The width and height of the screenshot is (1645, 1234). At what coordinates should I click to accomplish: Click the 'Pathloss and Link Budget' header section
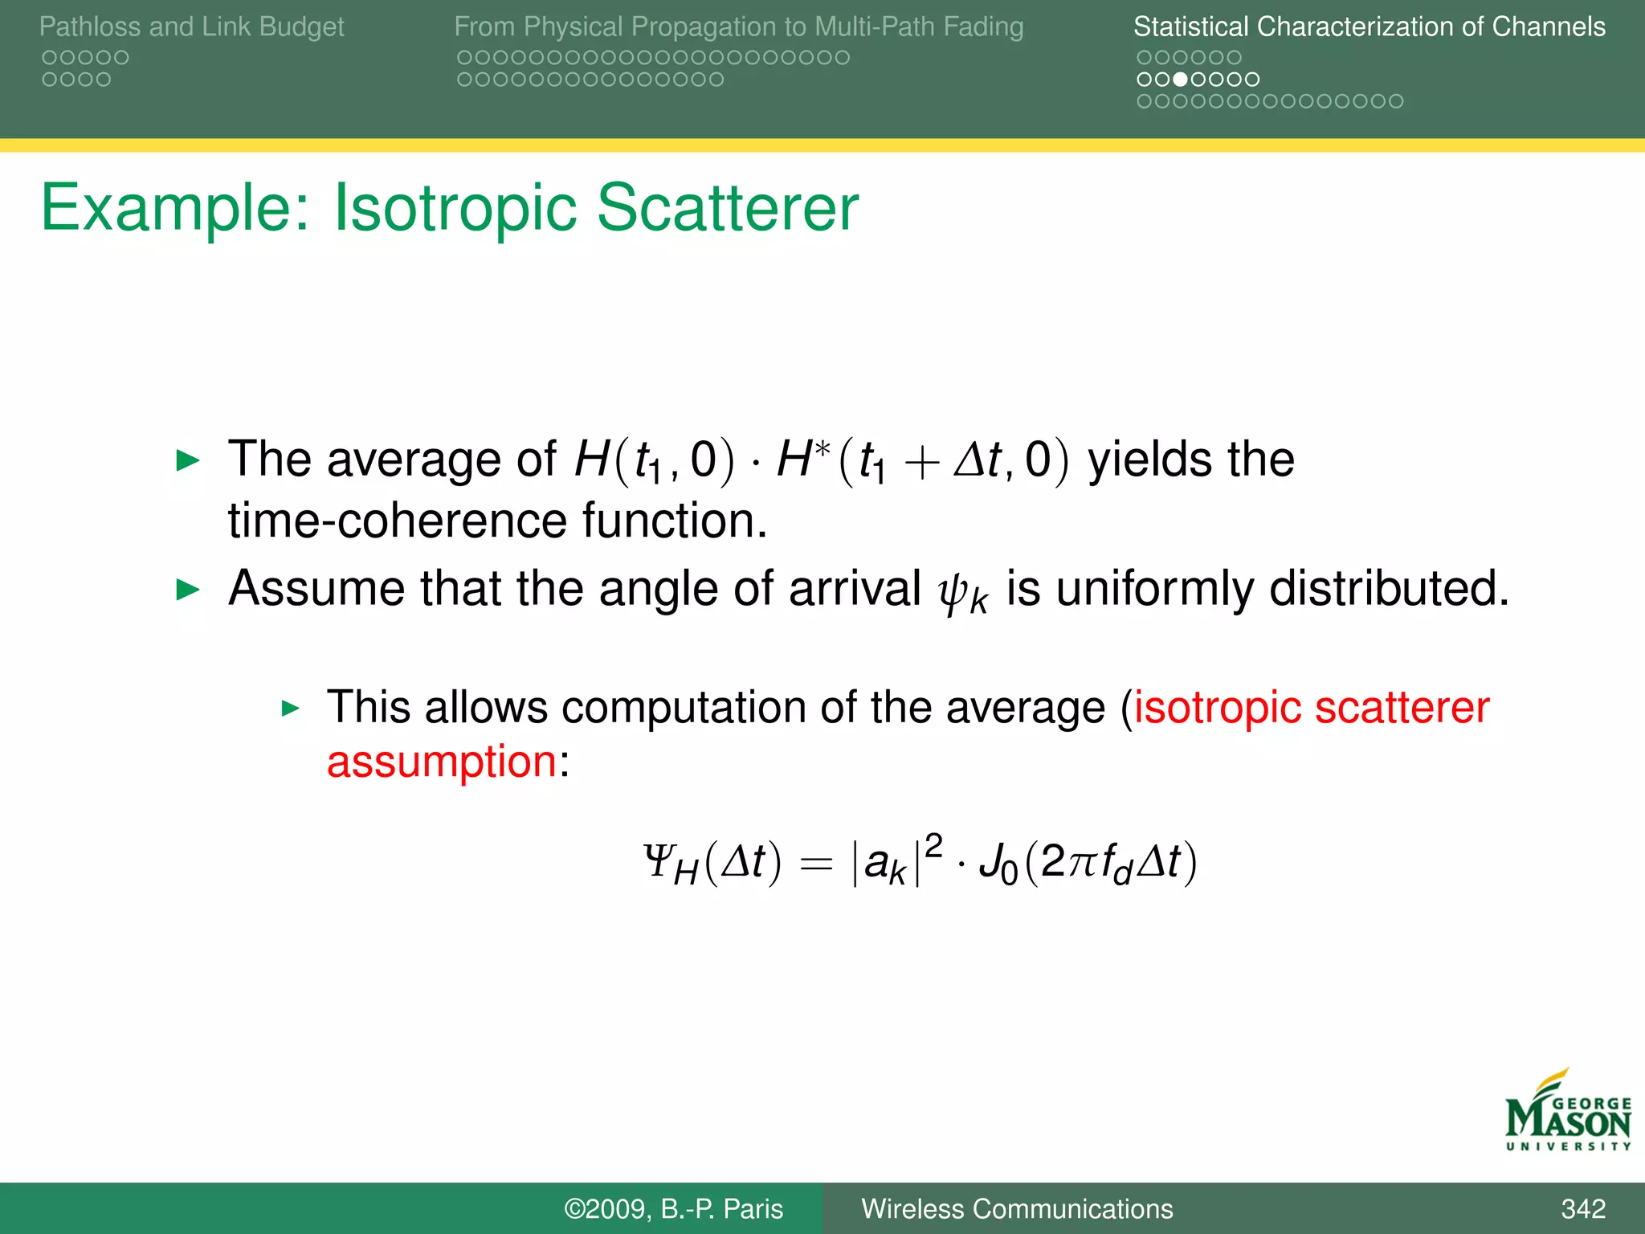[191, 27]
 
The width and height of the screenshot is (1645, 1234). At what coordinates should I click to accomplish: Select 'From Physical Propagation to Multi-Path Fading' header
[738, 27]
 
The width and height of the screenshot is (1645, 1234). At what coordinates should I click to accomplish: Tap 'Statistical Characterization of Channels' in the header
[1369, 27]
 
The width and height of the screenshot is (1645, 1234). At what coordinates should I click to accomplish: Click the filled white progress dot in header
[1180, 80]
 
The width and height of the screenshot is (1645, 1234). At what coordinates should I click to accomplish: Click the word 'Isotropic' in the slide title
[454, 208]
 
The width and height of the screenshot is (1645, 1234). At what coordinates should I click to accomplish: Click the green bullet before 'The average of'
[187, 461]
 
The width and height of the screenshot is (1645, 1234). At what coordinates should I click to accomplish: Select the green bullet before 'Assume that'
[187, 590]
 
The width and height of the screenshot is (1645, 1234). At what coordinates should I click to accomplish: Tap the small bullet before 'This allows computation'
[291, 709]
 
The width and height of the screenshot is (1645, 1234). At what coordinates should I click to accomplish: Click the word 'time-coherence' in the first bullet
[397, 521]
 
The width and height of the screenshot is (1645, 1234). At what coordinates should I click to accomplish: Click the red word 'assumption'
[442, 762]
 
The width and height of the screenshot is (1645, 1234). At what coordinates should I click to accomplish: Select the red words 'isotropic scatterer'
[1311, 709]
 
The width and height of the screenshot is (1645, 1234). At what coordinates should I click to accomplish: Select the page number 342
[1582, 1209]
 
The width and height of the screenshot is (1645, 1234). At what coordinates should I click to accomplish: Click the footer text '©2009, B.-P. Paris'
[673, 1209]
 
